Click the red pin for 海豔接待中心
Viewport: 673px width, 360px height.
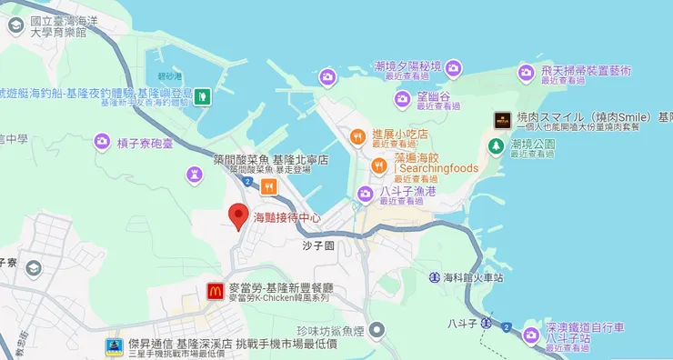coord(238,215)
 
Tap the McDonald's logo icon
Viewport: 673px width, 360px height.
coord(215,291)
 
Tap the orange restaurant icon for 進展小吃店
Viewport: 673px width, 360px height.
coord(357,137)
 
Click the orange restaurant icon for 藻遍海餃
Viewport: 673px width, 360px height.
coord(379,165)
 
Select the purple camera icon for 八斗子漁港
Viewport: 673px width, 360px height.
coord(365,193)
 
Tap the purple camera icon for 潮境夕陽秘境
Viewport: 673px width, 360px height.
coord(453,66)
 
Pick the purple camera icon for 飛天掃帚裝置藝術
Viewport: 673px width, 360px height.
coord(526,72)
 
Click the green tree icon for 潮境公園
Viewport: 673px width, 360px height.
coord(496,145)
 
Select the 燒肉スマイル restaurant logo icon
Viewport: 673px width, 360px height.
coord(501,119)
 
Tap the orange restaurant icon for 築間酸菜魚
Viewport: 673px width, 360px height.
coord(268,186)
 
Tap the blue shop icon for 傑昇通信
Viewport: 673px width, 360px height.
coord(114,346)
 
